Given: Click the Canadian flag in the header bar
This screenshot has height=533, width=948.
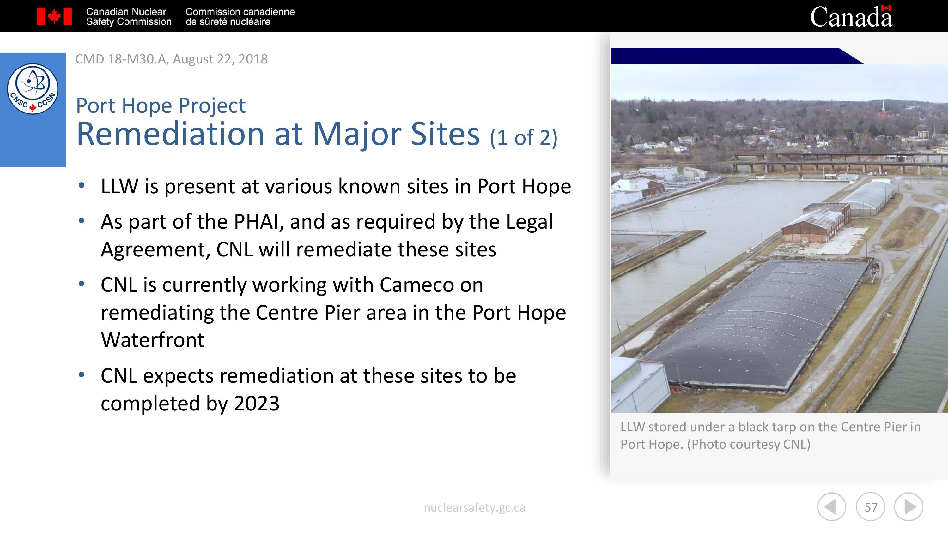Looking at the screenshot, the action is (x=54, y=16).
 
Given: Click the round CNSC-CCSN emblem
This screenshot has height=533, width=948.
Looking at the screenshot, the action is (x=33, y=89).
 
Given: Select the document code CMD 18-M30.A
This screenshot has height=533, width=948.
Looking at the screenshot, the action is (x=121, y=59).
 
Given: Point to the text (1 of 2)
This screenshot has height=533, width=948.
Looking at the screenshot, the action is (x=523, y=138).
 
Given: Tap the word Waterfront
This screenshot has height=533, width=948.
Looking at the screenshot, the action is (x=153, y=339).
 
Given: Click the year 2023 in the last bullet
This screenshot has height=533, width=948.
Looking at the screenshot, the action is (x=257, y=404).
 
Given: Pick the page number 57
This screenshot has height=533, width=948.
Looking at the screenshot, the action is (x=871, y=507).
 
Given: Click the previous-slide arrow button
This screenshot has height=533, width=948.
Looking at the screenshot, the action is (x=832, y=507).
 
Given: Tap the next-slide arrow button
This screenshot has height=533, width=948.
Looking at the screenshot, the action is (x=908, y=507).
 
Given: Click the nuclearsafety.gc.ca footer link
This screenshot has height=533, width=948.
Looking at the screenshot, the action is (x=474, y=508).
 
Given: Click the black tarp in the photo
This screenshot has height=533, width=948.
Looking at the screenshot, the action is (x=754, y=324).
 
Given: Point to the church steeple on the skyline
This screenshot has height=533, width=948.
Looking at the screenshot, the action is (x=883, y=107).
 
